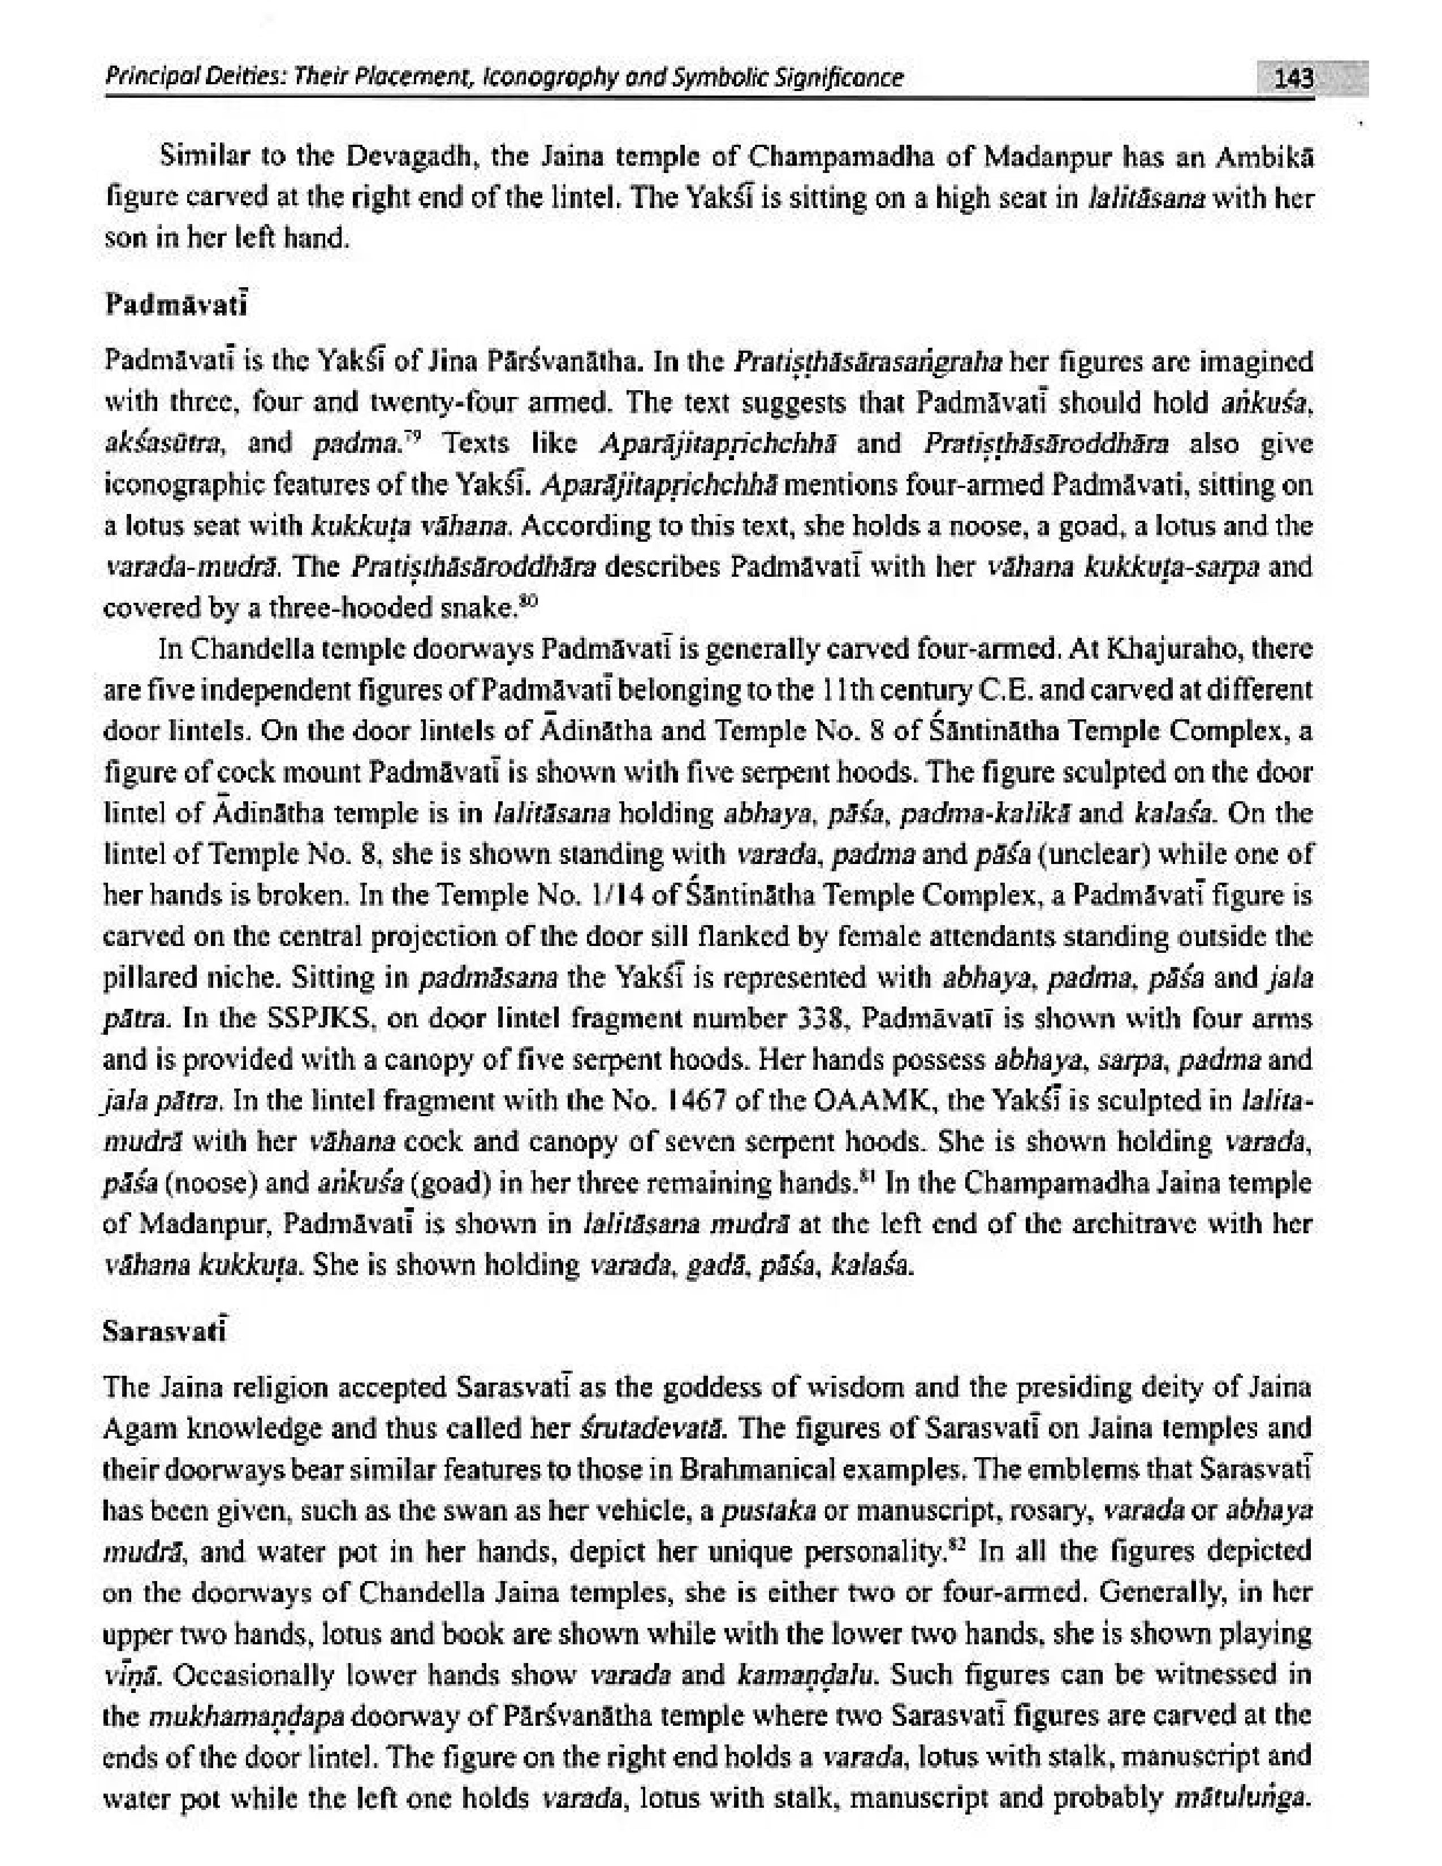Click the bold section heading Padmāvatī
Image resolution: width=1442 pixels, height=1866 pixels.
click(175, 304)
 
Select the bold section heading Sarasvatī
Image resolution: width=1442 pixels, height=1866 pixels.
click(165, 1331)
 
